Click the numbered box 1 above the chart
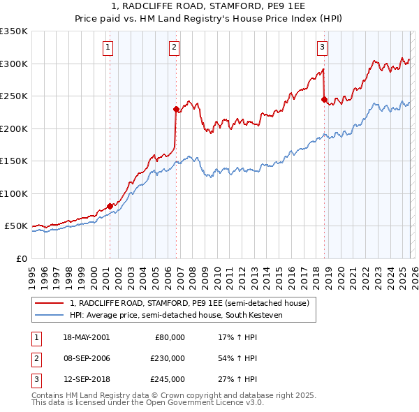(x=109, y=47)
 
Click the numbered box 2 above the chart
(x=174, y=47)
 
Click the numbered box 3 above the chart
(x=322, y=47)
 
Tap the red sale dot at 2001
(x=110, y=206)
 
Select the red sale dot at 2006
(x=175, y=108)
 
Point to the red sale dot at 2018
(x=324, y=99)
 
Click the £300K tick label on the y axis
(x=14, y=64)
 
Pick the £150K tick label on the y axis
(x=14, y=161)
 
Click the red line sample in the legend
(x=50, y=303)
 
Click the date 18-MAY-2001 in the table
(x=86, y=337)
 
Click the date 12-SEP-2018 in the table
(x=86, y=380)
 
